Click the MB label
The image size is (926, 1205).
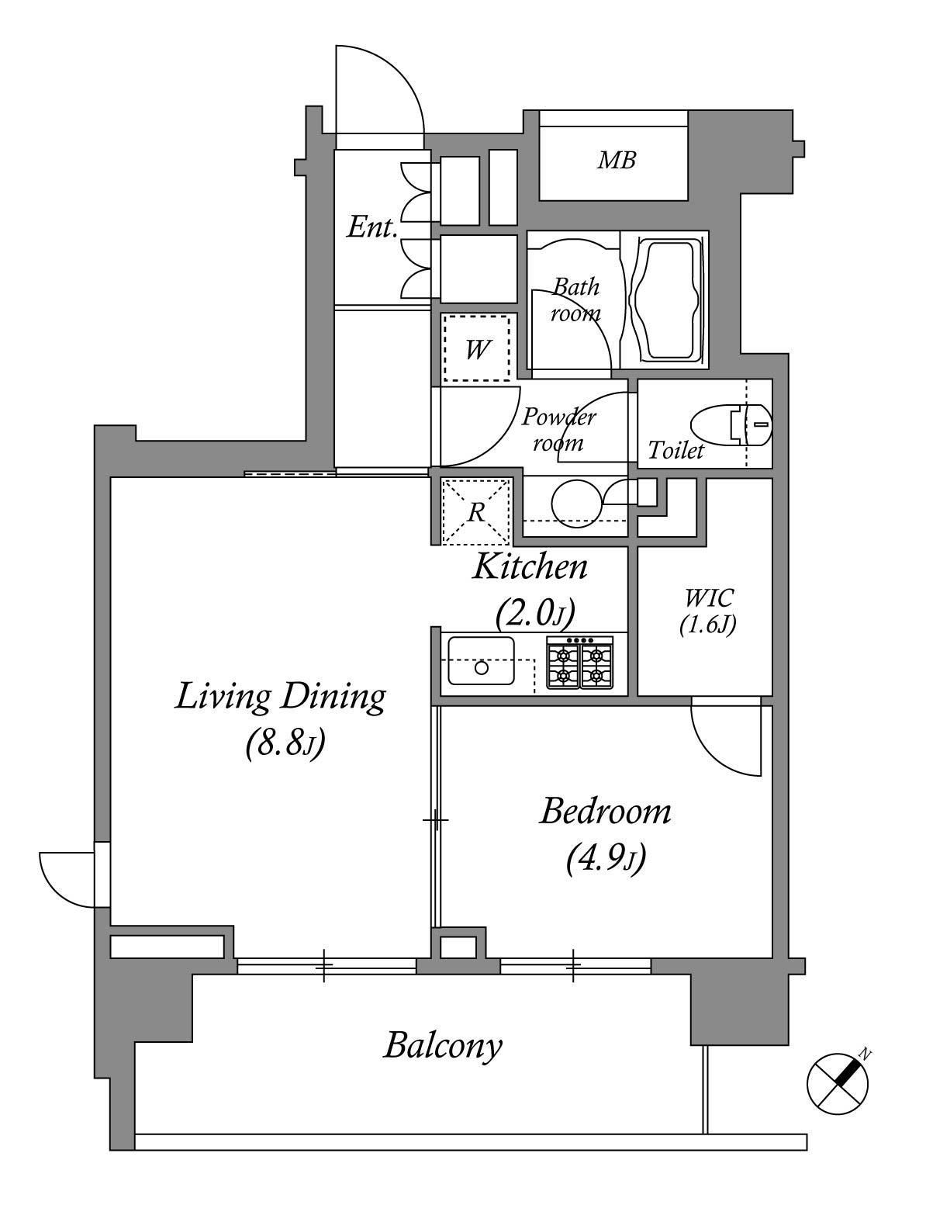[617, 161]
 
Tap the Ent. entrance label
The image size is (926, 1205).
[371, 227]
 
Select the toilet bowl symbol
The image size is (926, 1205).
[731, 425]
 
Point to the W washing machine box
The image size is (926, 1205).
[477, 348]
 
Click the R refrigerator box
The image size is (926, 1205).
[475, 511]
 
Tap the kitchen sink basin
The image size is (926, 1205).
[481, 660]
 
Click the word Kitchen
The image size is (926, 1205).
[530, 567]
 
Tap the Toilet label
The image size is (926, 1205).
[675, 450]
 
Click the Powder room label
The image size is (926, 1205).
[558, 430]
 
